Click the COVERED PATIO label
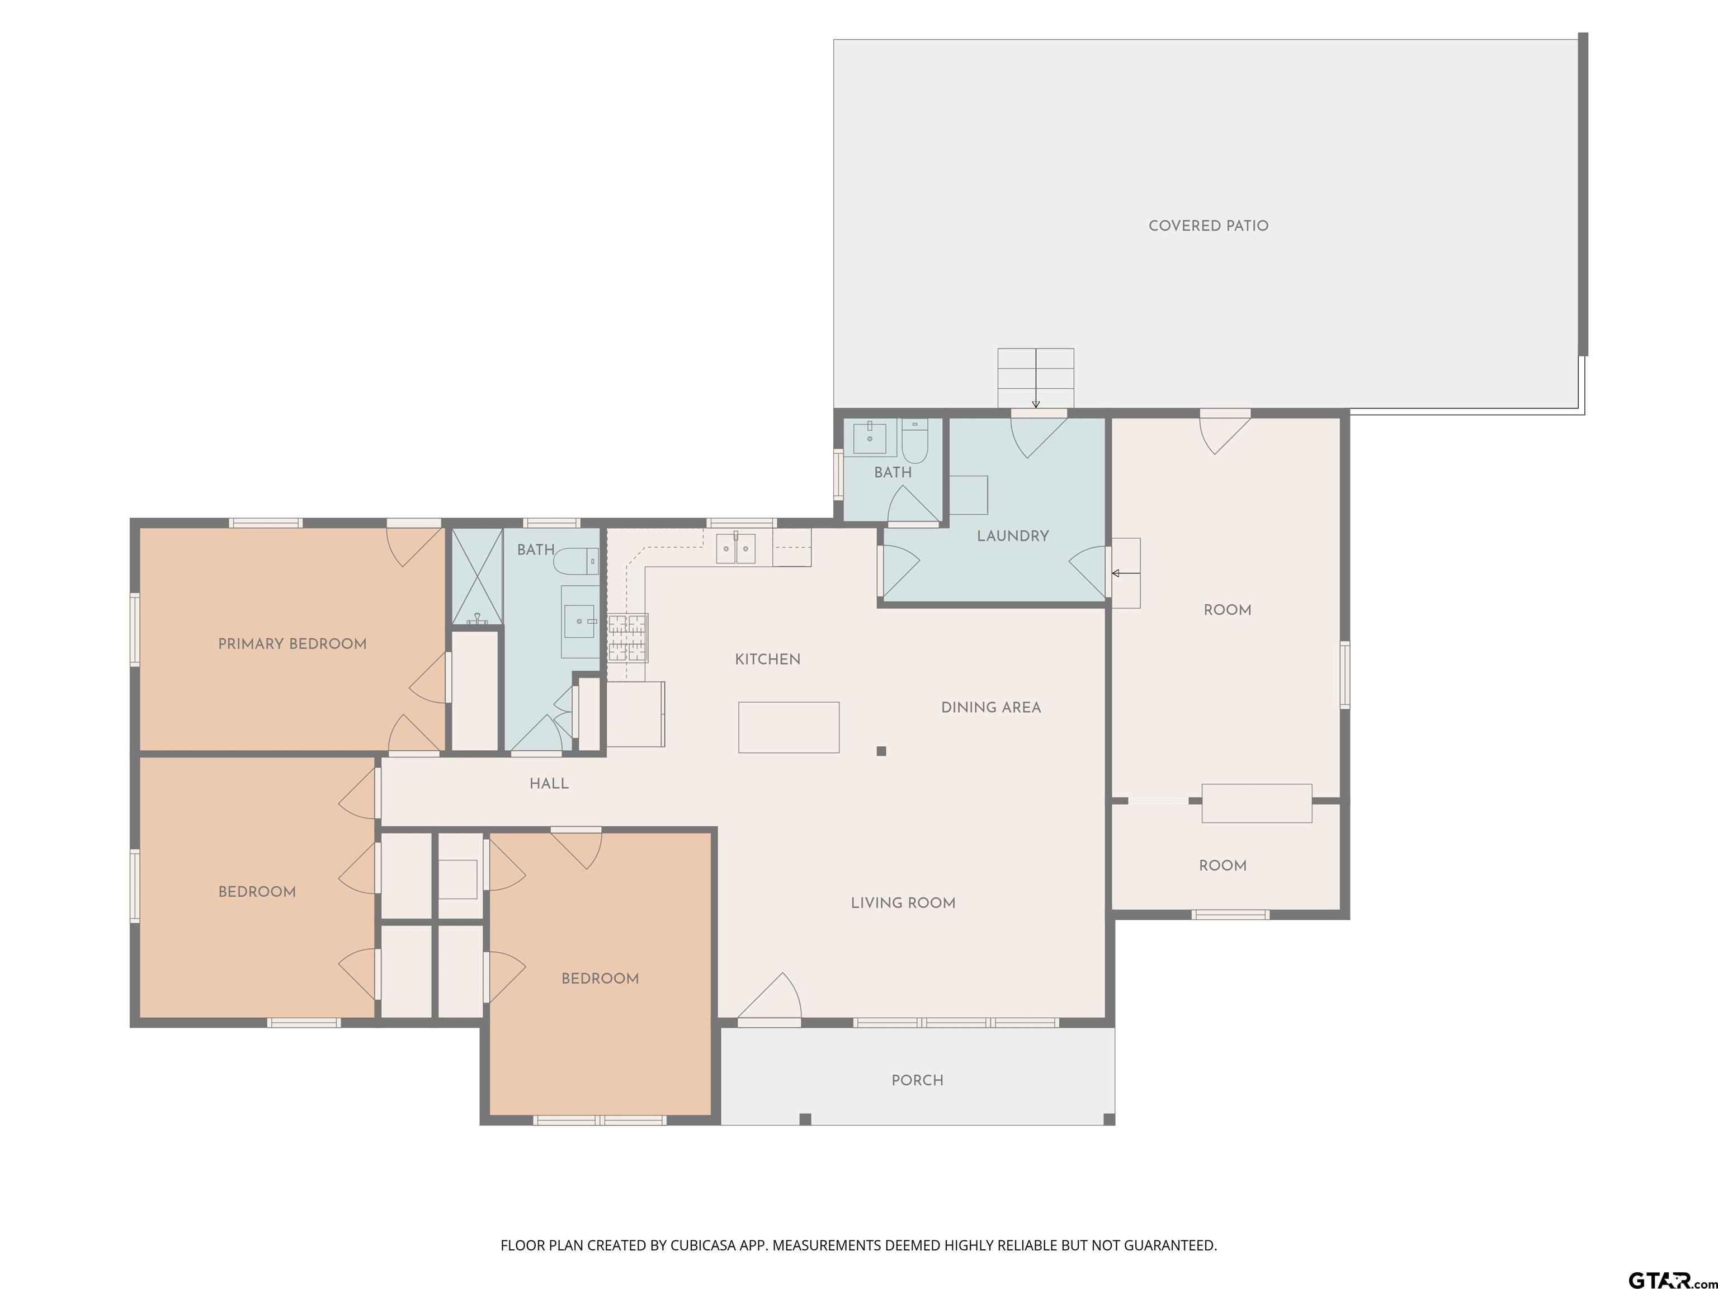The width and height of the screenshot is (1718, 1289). pos(1208,226)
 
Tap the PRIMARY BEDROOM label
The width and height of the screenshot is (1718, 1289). pos(292,644)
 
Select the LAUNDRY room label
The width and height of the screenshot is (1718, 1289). pos(1013,536)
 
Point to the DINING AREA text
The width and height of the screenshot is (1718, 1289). pos(991,708)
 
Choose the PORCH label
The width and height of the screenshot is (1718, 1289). pos(917,1080)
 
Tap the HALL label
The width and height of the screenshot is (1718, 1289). pos(549,784)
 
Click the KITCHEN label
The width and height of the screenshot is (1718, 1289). pos(767,660)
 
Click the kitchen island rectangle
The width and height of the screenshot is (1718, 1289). pos(789,727)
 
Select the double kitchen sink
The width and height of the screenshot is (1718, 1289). pos(735,548)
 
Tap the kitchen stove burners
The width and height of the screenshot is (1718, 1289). pos(627,637)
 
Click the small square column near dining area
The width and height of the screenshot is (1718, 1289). pos(881,751)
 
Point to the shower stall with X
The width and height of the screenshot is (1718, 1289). pos(477,576)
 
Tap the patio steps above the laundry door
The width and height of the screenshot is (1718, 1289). pos(1035,378)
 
